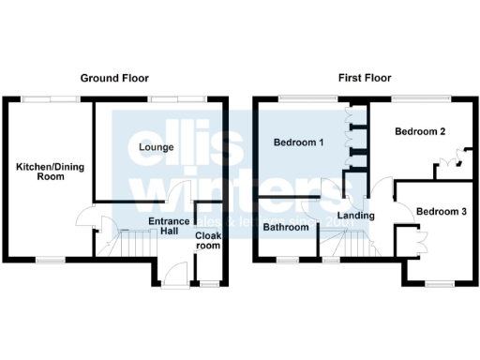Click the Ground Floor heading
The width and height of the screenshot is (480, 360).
(114, 78)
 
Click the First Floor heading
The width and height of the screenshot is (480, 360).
(365, 78)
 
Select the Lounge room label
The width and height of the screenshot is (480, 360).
(154, 148)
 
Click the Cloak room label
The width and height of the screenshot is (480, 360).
(207, 241)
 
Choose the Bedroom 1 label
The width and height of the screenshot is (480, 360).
(299, 143)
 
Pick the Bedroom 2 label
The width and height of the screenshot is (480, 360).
(419, 132)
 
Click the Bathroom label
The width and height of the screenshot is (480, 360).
(286, 227)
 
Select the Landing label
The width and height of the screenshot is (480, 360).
(355, 216)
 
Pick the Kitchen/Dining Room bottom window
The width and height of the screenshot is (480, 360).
(51, 258)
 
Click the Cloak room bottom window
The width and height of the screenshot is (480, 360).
(209, 282)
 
